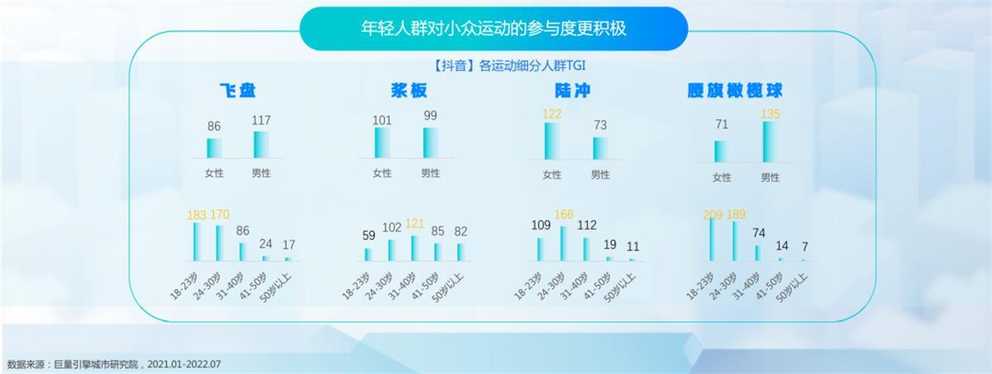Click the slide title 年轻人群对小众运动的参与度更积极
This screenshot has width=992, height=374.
(x=494, y=28)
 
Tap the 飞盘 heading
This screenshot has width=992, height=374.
(x=238, y=90)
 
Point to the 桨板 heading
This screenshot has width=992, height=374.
(x=408, y=90)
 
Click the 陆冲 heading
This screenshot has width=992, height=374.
(x=573, y=90)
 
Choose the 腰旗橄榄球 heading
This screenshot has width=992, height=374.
(x=735, y=90)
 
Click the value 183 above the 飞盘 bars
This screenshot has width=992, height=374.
(x=197, y=215)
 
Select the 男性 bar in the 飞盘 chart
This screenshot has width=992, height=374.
(x=261, y=145)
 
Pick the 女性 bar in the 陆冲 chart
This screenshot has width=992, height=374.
(x=552, y=141)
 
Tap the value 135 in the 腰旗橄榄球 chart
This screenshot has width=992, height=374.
(x=770, y=114)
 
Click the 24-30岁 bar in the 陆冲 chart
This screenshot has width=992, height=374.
(x=564, y=243)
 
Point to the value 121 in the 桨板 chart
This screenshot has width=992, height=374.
(x=414, y=223)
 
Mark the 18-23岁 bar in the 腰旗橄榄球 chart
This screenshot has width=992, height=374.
(x=712, y=239)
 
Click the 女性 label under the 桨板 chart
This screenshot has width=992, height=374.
(x=382, y=173)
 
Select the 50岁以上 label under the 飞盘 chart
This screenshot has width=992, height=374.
(x=276, y=289)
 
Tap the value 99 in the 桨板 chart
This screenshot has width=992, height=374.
(x=430, y=116)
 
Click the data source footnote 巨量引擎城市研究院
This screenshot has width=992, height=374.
(x=96, y=364)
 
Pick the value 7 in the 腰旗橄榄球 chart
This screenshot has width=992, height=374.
(x=805, y=247)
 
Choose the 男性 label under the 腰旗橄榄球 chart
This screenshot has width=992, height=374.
(x=770, y=178)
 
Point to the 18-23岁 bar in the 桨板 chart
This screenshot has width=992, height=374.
(x=368, y=254)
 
